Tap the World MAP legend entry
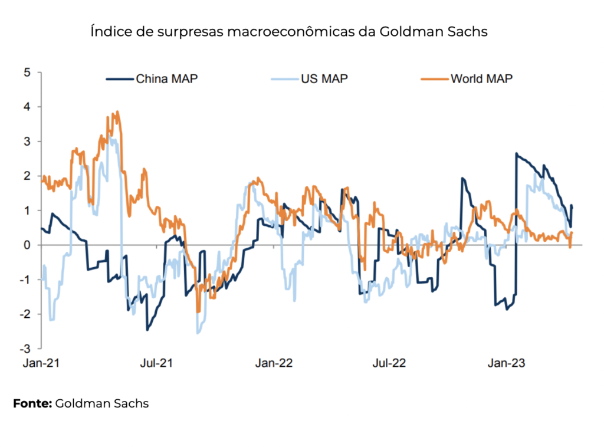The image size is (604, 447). [481, 78]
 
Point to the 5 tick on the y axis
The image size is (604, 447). [26, 73]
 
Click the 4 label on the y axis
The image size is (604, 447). [26, 107]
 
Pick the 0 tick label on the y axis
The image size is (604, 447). [26, 245]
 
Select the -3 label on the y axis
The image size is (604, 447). [24, 348]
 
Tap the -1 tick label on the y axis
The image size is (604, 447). [24, 280]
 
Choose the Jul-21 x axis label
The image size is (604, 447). [157, 363]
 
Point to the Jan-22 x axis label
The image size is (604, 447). [274, 363]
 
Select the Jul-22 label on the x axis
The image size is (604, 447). [389, 363]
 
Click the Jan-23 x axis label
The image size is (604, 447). [505, 363]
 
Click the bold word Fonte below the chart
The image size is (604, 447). [32, 404]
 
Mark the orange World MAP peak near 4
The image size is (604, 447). [117, 111]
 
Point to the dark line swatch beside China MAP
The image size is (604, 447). [120, 78]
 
